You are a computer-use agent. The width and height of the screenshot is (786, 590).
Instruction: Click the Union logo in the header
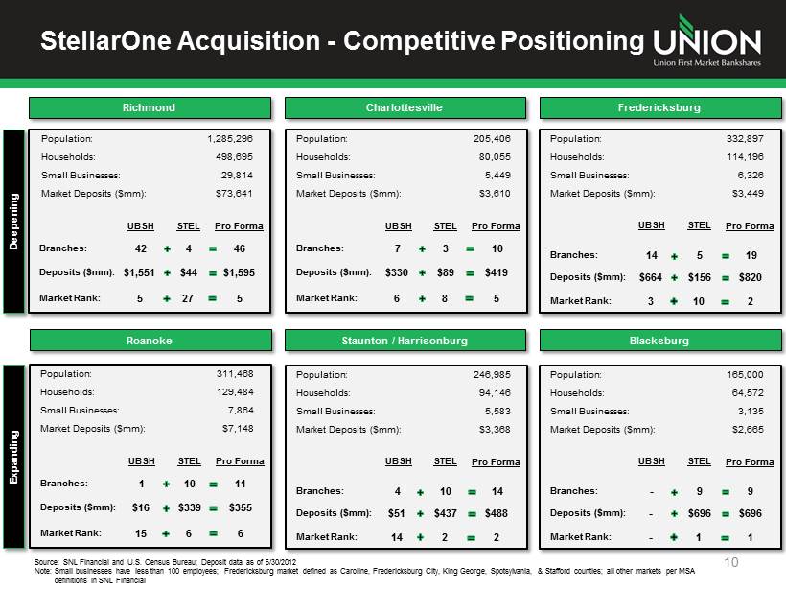(x=706, y=41)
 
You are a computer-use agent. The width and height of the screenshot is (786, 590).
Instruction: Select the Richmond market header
(x=150, y=107)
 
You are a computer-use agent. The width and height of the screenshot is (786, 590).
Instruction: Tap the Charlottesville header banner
(x=405, y=107)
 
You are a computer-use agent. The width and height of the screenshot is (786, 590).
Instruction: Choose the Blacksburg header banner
(x=660, y=341)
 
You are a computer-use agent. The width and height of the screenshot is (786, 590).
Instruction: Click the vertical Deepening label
(x=13, y=222)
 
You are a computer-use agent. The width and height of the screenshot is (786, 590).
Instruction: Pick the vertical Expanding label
(x=13, y=457)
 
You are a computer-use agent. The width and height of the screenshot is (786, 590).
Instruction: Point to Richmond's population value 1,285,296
(x=230, y=138)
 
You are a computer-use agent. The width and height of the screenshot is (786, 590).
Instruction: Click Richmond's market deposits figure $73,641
(x=234, y=193)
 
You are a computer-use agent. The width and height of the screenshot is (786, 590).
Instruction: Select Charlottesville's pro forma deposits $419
(x=497, y=272)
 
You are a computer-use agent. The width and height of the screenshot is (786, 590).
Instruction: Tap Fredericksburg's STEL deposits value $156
(x=700, y=277)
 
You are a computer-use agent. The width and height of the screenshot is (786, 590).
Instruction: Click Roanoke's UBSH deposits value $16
(x=141, y=507)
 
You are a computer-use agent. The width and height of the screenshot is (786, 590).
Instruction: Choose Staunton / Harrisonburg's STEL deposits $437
(x=445, y=513)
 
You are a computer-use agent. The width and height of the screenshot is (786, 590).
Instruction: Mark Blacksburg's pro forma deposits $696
(x=750, y=513)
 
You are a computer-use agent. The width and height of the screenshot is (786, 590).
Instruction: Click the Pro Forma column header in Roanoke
(x=240, y=461)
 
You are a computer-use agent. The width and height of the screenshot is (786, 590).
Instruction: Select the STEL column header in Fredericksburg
(x=700, y=225)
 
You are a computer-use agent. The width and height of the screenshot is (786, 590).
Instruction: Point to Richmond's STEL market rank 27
(x=188, y=298)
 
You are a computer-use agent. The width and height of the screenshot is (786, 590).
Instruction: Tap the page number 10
(x=731, y=562)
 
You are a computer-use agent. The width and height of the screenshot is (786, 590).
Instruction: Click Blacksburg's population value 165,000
(x=745, y=375)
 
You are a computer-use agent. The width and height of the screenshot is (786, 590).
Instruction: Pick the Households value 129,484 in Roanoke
(x=235, y=391)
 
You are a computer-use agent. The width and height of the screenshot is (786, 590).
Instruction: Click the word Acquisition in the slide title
(x=248, y=41)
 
